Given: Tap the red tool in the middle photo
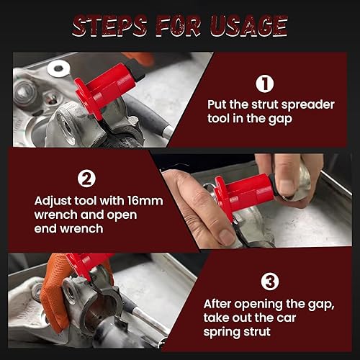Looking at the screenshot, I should coord(245,193).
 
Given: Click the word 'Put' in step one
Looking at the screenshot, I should coord(217,103).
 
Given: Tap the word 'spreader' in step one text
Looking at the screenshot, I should coord(294,103).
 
